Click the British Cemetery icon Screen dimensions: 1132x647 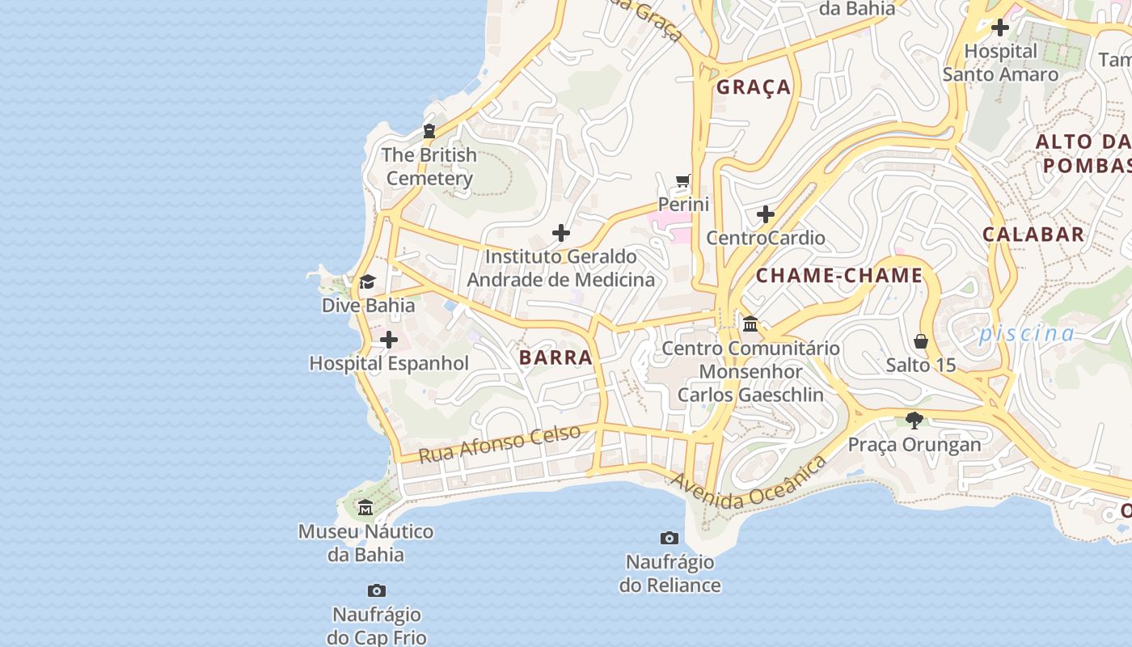point(429,131)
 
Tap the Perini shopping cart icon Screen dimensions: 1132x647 point(683,180)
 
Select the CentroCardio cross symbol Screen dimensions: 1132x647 point(766,214)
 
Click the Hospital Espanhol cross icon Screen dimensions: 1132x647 point(389,340)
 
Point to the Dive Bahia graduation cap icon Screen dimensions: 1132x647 point(368,281)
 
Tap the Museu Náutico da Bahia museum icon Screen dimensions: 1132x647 point(365,508)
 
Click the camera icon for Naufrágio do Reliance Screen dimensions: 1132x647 point(669,538)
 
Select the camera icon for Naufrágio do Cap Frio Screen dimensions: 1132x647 point(376,591)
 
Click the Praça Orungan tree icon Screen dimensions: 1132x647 point(914,421)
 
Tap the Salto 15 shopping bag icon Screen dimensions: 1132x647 point(921,341)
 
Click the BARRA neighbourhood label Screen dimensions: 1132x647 point(555,357)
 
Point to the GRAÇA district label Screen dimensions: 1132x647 point(754,87)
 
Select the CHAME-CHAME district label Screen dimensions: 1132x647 point(839,276)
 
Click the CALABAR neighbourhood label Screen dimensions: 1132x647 point(1033,235)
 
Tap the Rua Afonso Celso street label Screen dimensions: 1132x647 point(500,444)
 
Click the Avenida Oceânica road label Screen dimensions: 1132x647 point(749,483)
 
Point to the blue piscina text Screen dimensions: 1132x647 point(1027,333)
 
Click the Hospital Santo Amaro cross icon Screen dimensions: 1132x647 point(1000,27)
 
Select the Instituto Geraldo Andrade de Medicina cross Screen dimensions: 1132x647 point(561,234)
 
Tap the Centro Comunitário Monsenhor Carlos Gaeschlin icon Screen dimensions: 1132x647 point(750,324)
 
